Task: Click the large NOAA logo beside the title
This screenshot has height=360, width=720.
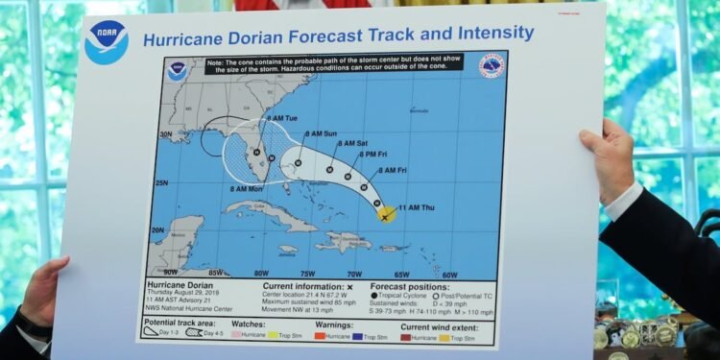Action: click(x=106, y=41)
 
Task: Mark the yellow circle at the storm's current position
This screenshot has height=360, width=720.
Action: click(x=385, y=215)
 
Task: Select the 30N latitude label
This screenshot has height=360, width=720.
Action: click(x=166, y=134)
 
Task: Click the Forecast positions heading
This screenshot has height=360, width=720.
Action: click(x=408, y=285)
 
